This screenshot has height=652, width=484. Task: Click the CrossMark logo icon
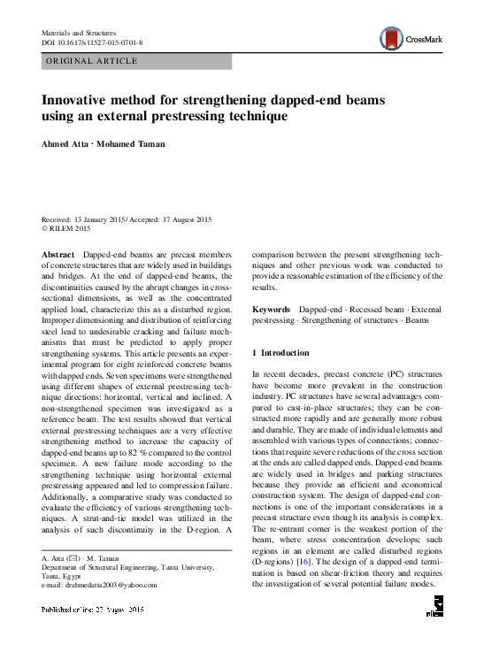390,37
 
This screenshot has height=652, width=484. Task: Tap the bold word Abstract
58,255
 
